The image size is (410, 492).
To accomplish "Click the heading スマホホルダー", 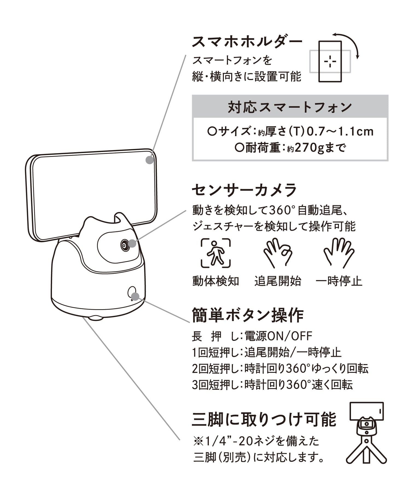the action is click(x=247, y=42).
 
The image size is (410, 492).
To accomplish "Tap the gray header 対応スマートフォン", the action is click(x=290, y=107).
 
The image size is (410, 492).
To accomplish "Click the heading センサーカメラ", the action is click(x=244, y=190).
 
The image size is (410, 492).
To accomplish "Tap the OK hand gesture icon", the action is click(x=277, y=253).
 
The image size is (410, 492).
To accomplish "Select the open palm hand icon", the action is click(x=339, y=253).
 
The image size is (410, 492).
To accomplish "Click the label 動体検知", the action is click(x=216, y=281).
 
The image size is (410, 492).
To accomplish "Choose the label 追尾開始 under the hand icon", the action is click(x=278, y=281).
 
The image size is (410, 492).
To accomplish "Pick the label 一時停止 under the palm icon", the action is click(x=339, y=281).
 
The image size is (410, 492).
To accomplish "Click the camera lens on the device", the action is click(x=125, y=245).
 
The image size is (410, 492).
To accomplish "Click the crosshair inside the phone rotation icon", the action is click(x=330, y=61).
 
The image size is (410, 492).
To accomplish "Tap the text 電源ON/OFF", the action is click(x=278, y=336).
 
